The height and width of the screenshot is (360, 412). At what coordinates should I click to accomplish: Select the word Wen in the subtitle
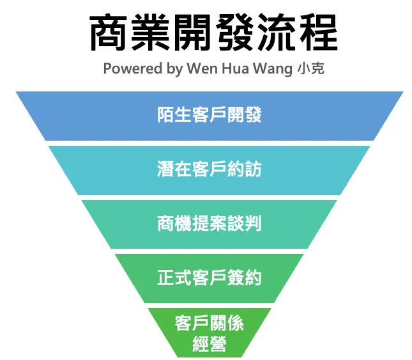click(201, 68)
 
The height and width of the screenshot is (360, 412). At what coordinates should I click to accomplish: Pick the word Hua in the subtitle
click(234, 68)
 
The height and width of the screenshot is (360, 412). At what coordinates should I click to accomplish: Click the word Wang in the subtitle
click(271, 69)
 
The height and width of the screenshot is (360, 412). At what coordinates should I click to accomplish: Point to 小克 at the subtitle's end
click(310, 68)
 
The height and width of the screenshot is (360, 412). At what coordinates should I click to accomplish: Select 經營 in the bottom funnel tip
click(210, 345)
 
